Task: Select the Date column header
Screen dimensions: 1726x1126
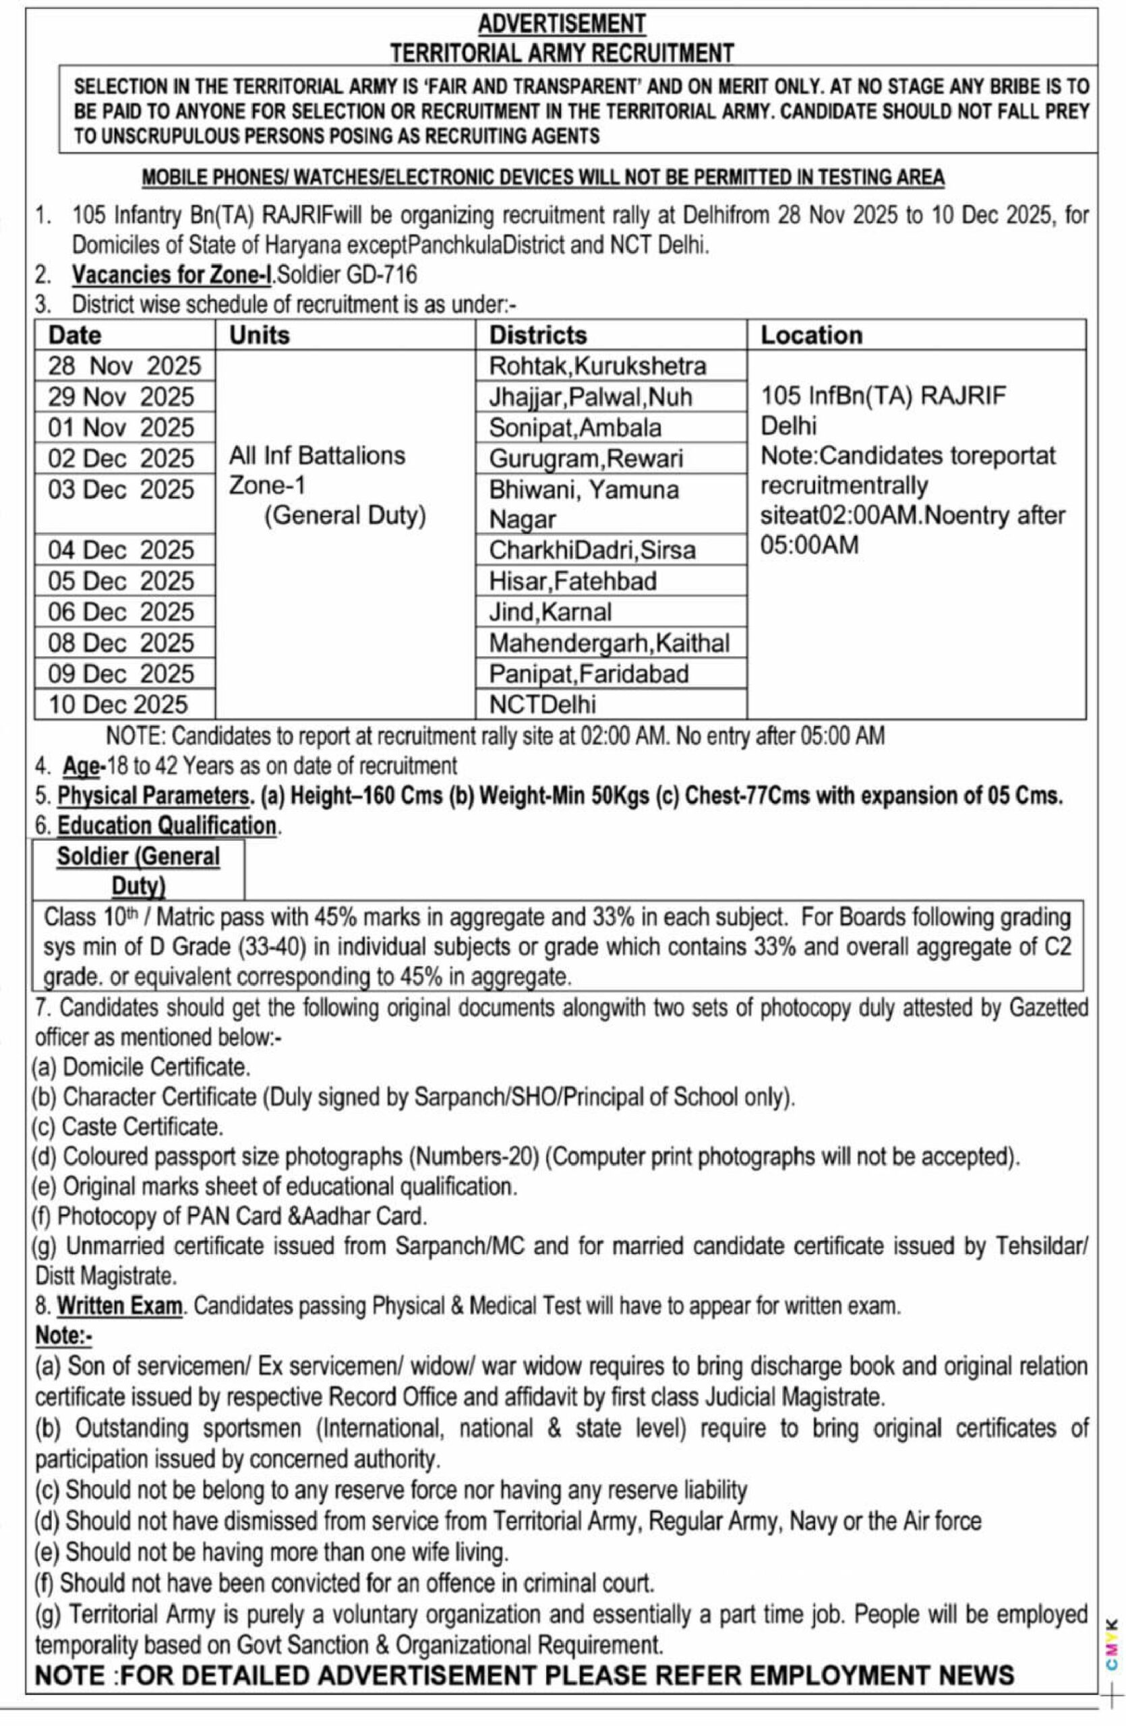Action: click(x=75, y=335)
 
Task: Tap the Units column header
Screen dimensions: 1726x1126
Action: click(x=259, y=335)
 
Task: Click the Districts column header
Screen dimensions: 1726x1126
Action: click(x=538, y=335)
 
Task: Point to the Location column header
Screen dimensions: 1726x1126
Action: click(x=810, y=335)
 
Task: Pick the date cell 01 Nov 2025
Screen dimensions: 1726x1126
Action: click(x=121, y=428)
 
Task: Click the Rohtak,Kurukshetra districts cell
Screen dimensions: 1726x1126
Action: click(x=597, y=365)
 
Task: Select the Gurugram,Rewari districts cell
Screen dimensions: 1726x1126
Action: click(x=586, y=458)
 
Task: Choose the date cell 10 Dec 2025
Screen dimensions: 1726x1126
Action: click(x=117, y=704)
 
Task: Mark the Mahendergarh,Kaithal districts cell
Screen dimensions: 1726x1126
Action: click(x=609, y=643)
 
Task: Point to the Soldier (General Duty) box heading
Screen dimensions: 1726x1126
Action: click(x=138, y=870)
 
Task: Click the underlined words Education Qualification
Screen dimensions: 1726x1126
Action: click(x=167, y=826)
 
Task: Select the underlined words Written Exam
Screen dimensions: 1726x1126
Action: click(x=119, y=1306)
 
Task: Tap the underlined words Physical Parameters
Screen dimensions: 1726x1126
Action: click(x=153, y=796)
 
